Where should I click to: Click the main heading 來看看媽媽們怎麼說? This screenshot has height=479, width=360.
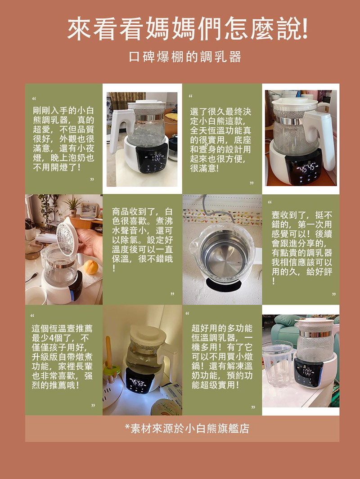coord(187,30)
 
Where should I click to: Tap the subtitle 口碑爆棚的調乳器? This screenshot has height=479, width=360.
coord(185,57)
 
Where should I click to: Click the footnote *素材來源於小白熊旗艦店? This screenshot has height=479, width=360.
coord(187,428)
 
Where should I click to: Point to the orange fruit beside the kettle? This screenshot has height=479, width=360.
coord(91,267)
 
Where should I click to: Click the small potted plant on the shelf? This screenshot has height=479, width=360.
coord(73,206)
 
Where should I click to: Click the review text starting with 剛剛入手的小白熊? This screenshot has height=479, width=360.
coord(63,139)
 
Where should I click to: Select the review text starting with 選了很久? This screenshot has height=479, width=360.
coord(220,139)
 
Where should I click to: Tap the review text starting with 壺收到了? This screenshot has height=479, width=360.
coord(301,248)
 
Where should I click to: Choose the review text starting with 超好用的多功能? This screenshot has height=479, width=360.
coord(222,357)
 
